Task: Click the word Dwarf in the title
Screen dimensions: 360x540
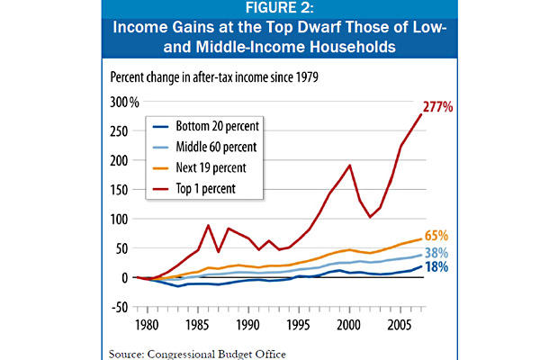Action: point(328,29)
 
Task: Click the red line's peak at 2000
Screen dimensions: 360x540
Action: point(350,165)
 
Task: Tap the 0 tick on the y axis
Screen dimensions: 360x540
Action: point(124,277)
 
